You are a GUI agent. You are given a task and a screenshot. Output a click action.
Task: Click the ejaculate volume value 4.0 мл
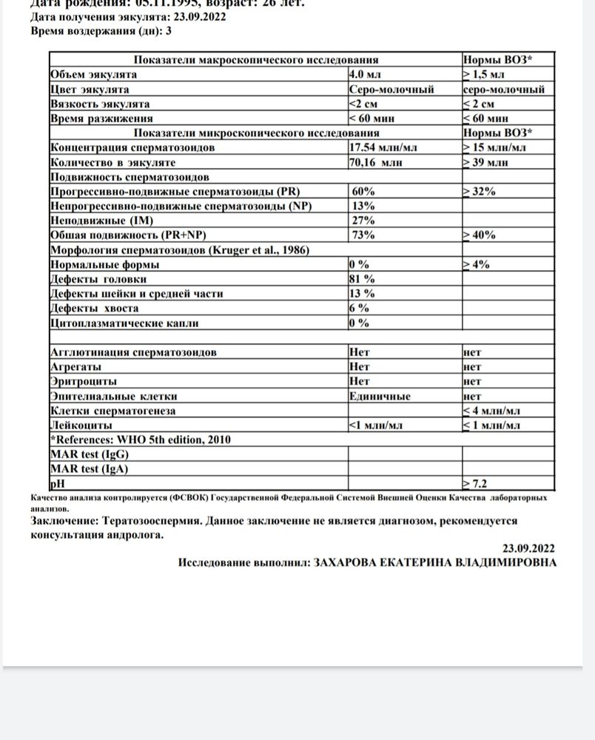pyautogui.click(x=366, y=75)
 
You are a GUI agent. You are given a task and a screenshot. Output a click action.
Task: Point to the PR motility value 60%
pyautogui.click(x=364, y=192)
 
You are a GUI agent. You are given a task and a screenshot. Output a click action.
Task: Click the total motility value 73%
pyautogui.click(x=364, y=235)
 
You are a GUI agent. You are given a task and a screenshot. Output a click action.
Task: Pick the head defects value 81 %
pyautogui.click(x=362, y=279)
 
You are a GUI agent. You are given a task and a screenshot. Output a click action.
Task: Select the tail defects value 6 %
pyautogui.click(x=359, y=309)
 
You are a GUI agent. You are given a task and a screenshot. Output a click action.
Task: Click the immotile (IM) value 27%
pyautogui.click(x=364, y=221)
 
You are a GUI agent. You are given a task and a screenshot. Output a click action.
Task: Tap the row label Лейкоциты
pyautogui.click(x=81, y=425)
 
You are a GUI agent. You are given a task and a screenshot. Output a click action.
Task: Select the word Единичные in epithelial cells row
pyautogui.click(x=380, y=397)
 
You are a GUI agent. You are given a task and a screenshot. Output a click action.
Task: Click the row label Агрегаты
pyautogui.click(x=75, y=367)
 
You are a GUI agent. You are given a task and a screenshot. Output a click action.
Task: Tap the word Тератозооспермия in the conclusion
pyautogui.click(x=152, y=521)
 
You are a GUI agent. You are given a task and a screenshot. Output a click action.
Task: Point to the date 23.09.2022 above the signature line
pyautogui.click(x=528, y=548)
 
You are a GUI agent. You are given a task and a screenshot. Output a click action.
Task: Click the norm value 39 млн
pyautogui.click(x=491, y=162)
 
